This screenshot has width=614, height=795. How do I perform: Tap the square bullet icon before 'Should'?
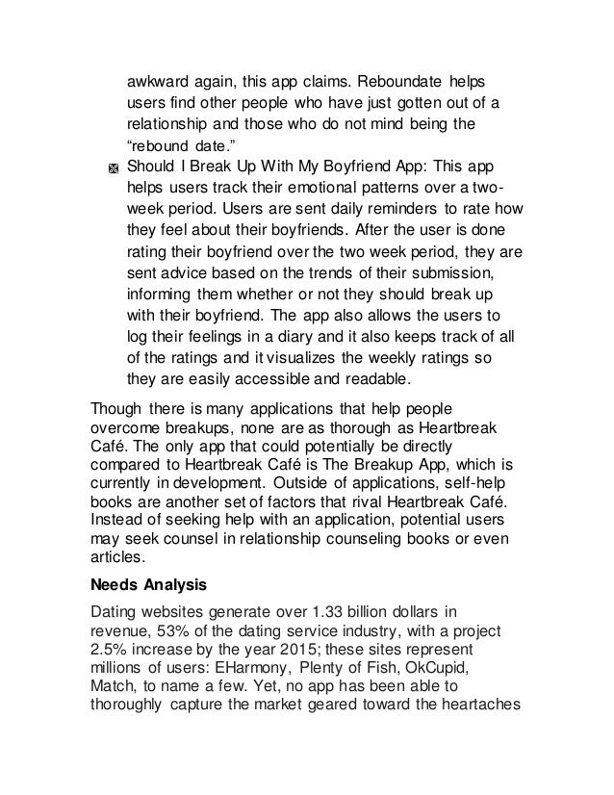(x=113, y=168)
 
